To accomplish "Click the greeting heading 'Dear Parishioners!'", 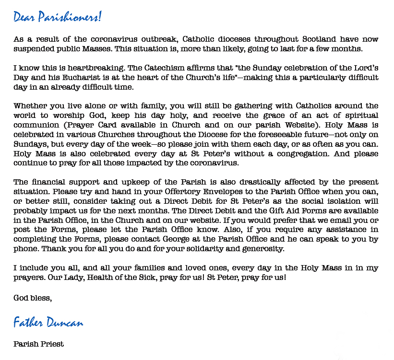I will [58, 17].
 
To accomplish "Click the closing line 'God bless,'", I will [33, 298].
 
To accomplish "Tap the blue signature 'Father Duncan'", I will [48, 322].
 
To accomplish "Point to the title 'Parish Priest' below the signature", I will [38, 344].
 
